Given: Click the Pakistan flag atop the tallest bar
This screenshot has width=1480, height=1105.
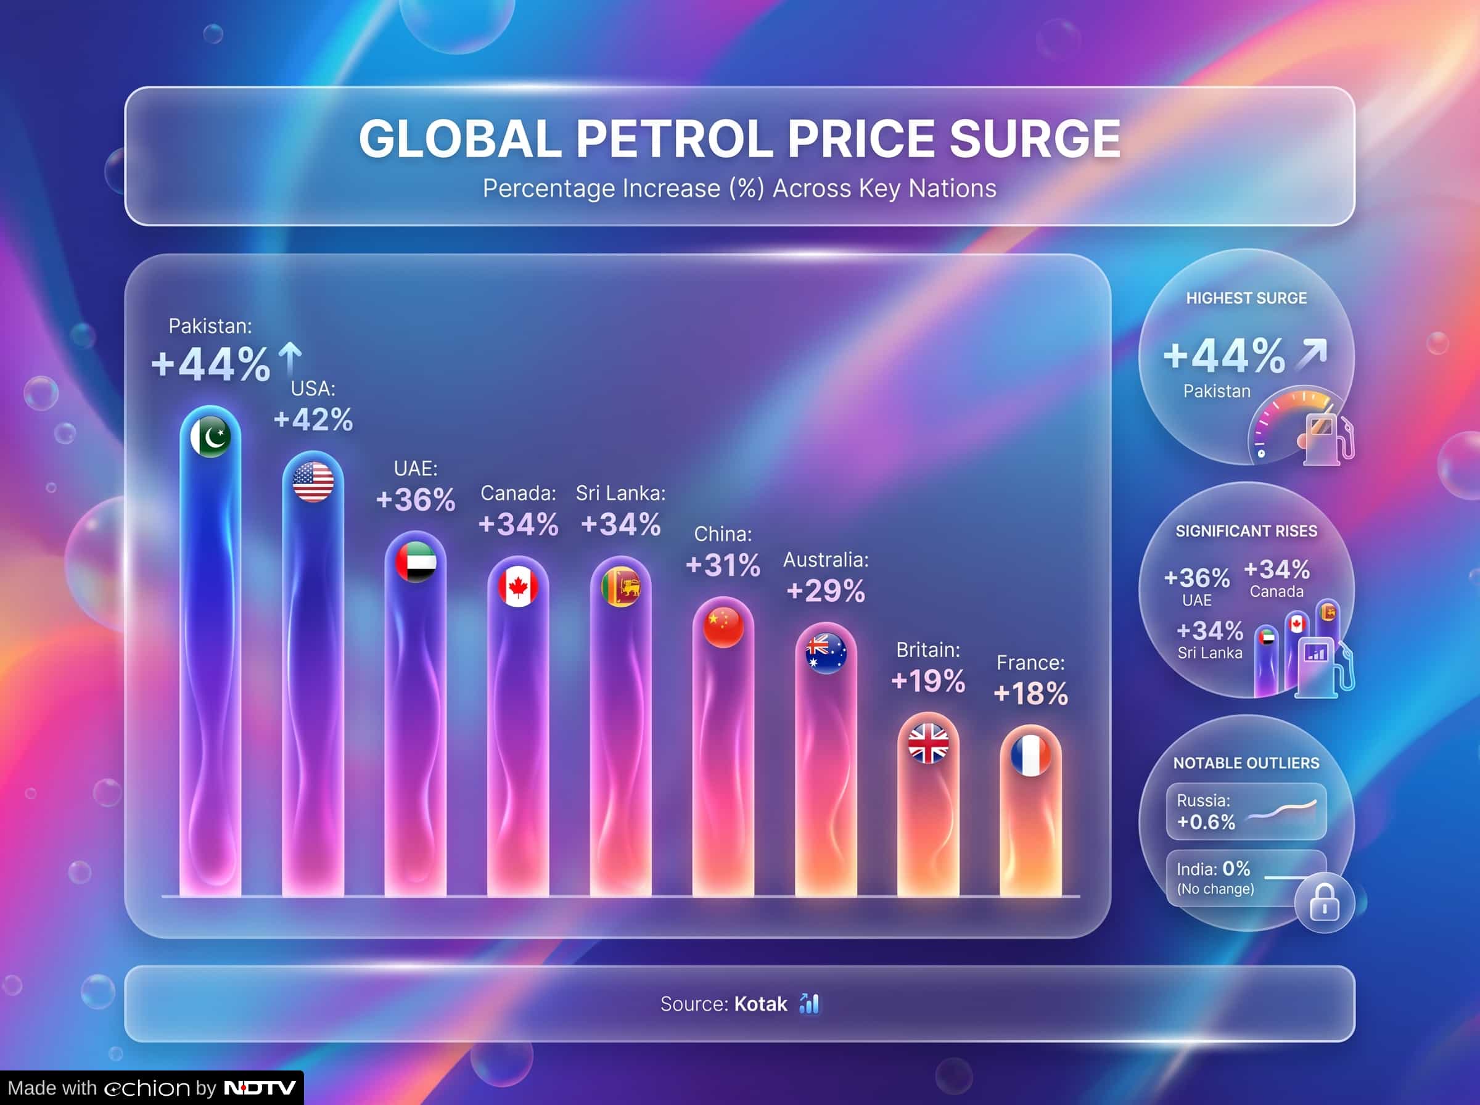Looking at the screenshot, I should [211, 437].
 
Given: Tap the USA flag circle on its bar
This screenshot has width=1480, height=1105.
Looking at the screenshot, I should [313, 482].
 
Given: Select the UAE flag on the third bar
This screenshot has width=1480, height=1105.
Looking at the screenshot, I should [415, 561].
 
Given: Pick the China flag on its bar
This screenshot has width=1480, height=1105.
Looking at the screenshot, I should [723, 626].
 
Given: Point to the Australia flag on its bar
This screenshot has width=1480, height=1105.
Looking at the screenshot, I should [826, 652].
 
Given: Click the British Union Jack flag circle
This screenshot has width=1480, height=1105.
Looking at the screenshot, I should [928, 743].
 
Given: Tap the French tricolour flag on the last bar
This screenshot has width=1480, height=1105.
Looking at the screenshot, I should [1030, 755].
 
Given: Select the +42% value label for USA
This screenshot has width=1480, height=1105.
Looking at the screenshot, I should [313, 420].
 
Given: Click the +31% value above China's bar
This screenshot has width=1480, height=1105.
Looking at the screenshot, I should [723, 565].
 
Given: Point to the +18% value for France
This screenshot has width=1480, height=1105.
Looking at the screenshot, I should [1030, 694].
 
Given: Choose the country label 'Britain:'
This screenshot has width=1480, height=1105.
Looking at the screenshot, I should [928, 649].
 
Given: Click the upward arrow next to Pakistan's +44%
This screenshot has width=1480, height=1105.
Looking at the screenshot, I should [290, 359].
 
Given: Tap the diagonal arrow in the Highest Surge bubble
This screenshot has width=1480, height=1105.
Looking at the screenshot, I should [1311, 354].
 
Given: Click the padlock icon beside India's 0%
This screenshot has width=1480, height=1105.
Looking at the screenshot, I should [1324, 903].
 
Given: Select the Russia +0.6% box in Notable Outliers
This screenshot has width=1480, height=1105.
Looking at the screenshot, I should [1246, 811].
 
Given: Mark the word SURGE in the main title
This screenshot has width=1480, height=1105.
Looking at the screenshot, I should [1035, 139].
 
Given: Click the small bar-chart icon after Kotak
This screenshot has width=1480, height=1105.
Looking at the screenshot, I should [809, 1003].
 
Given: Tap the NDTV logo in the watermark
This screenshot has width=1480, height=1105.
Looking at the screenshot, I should [260, 1088].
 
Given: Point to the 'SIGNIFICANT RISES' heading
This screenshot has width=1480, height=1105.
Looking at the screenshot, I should [1246, 531].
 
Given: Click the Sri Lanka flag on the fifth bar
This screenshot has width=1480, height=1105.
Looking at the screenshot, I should [620, 586].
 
